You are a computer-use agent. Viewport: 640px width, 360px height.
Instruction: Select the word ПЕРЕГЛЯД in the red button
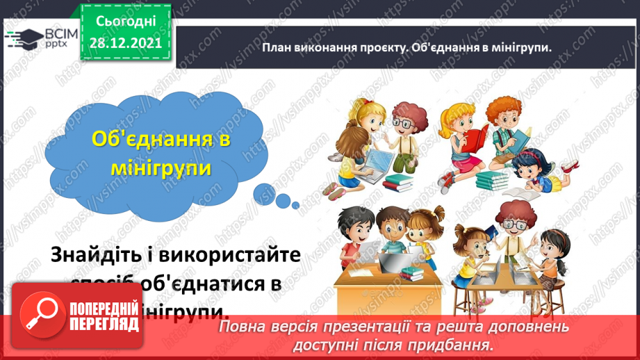pyautogui.click(x=102, y=325)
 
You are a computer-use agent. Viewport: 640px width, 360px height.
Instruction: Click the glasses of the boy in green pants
pyautogui.click(x=402, y=122)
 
